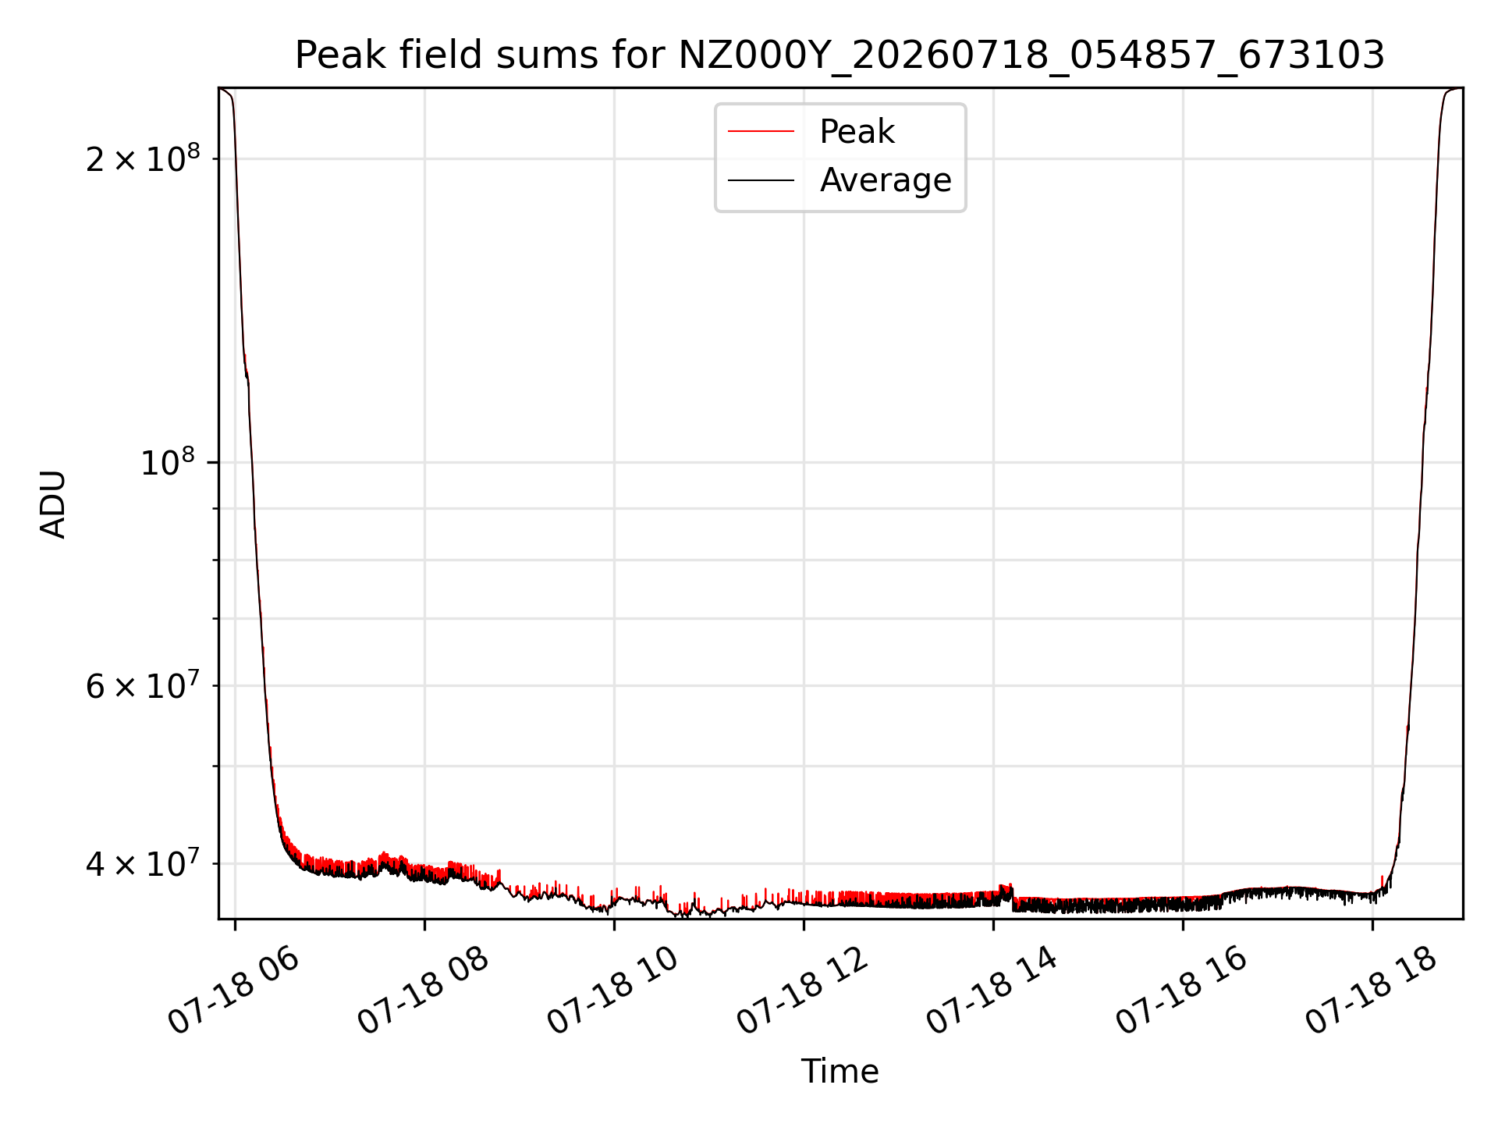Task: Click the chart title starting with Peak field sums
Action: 840,55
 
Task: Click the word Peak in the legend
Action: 857,132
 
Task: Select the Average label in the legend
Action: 886,180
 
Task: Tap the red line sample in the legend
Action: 761,132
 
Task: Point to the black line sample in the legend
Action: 761,180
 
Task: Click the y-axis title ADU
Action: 54,504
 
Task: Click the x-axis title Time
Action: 840,1072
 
